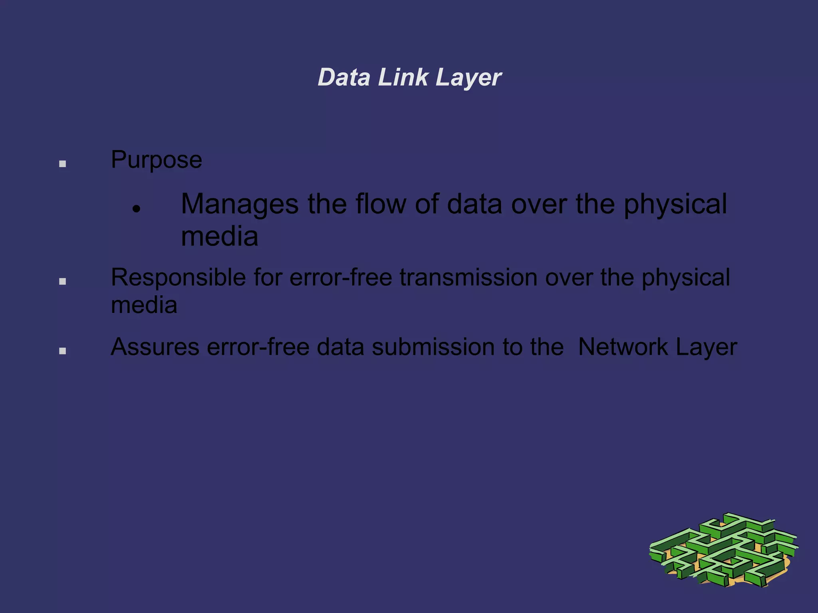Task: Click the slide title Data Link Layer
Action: point(409,77)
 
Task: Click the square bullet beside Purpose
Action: point(62,164)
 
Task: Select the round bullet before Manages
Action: point(137,209)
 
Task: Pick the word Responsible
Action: point(178,278)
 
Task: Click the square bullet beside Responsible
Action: point(62,281)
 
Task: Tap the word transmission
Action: point(468,278)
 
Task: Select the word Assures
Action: point(155,347)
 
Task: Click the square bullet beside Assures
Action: point(62,351)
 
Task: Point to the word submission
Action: point(433,347)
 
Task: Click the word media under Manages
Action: point(219,237)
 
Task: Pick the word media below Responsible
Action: point(144,306)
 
